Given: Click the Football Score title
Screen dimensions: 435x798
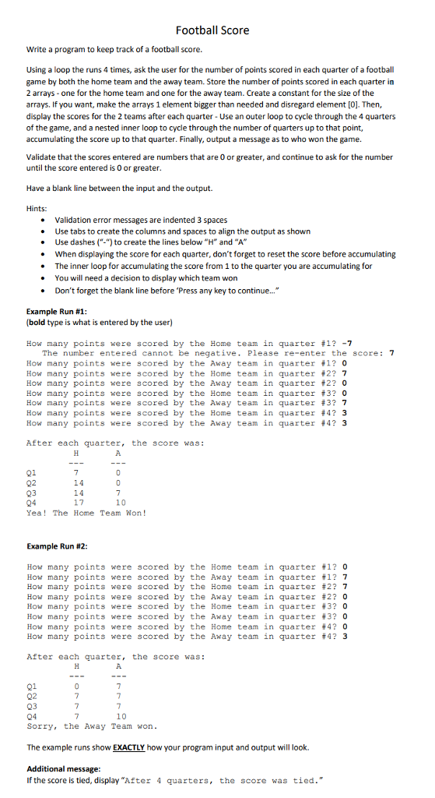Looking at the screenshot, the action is (212, 30).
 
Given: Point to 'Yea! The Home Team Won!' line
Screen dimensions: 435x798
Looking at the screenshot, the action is (86, 512).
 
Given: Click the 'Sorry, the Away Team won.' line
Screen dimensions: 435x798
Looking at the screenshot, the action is (92, 726).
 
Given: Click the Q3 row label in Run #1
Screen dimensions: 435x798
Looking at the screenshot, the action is (32, 493).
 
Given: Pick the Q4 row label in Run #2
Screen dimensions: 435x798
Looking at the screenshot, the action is (32, 716).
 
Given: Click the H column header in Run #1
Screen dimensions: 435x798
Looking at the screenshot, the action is (76, 453).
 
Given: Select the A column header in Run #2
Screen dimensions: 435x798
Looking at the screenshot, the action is (118, 667).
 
